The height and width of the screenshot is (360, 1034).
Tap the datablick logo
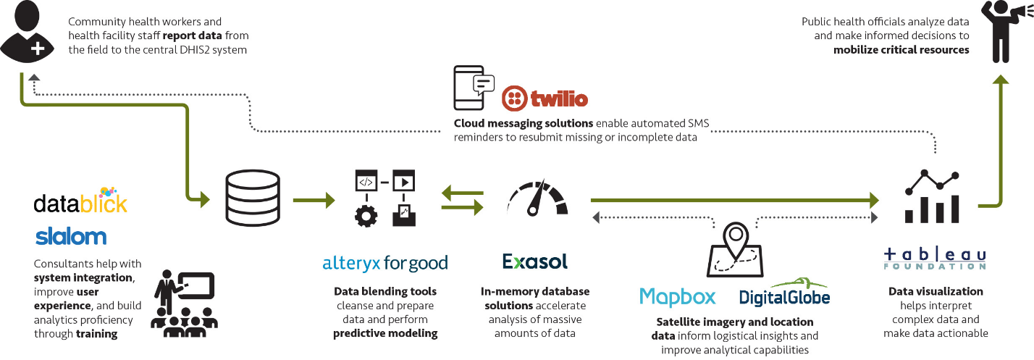[80, 201]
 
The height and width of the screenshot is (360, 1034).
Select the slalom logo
[70, 236]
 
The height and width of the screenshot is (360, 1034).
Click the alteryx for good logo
[385, 263]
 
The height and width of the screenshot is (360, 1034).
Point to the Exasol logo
[535, 261]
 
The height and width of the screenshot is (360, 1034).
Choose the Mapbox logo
[677, 296]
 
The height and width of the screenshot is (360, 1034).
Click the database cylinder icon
[252, 198]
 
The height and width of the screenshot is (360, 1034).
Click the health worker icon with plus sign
[28, 33]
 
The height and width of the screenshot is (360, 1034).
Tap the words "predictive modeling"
[385, 333]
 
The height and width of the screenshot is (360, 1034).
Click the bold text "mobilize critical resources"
[901, 50]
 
